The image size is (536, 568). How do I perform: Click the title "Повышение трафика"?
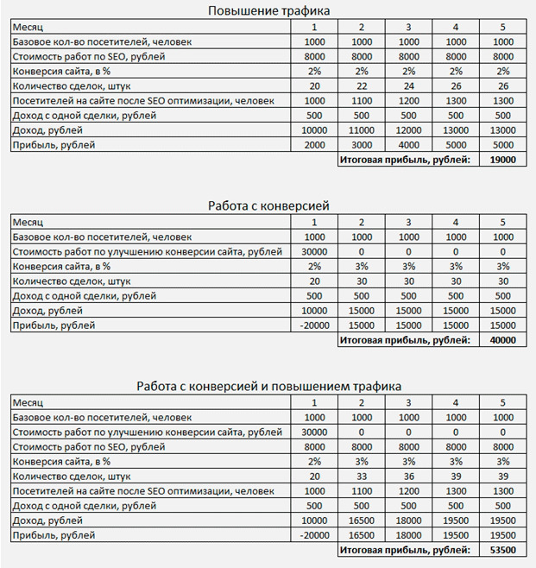268,10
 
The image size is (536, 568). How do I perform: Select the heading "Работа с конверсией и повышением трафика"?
268,386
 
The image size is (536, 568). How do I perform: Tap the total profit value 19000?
502,161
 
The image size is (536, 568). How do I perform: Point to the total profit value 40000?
502,340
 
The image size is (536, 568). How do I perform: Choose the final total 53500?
502,549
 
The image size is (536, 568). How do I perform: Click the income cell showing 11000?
361,129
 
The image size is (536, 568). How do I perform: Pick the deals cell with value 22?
361,85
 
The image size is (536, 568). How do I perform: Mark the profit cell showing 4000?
408,145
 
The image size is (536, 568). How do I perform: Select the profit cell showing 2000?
314,145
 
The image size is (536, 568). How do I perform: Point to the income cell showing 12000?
408,129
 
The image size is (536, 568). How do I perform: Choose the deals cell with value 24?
408,85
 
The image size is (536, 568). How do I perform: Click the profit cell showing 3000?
361,145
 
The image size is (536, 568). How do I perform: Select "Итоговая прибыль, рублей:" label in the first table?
404,161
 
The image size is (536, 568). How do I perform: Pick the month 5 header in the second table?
502,221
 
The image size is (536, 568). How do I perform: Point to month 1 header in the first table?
314,27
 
